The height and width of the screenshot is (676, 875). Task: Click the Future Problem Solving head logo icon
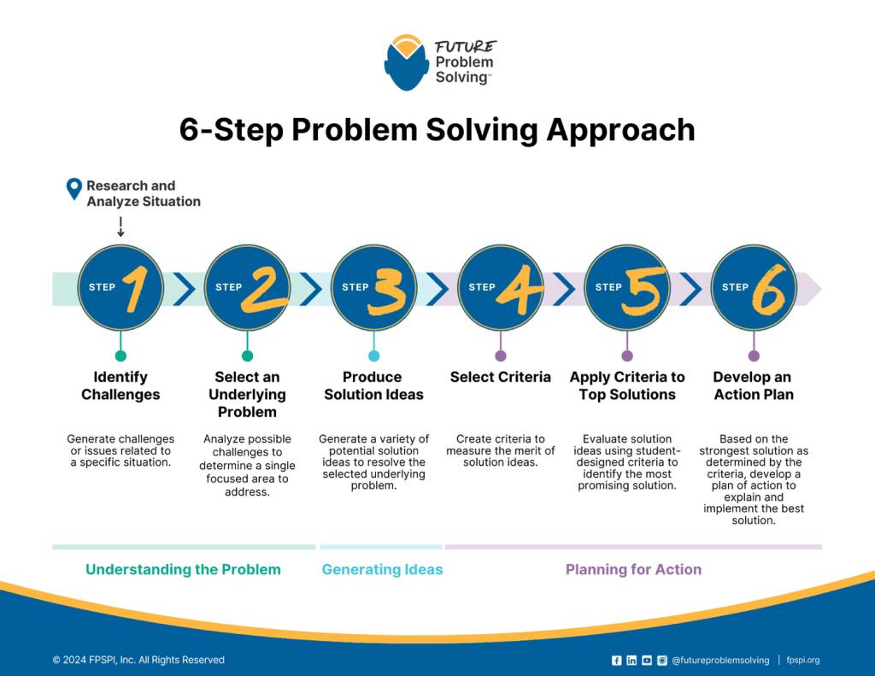(x=406, y=62)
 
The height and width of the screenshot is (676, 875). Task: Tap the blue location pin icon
(x=74, y=189)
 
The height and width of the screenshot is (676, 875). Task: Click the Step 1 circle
(x=120, y=287)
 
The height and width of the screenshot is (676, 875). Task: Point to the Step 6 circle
(x=754, y=287)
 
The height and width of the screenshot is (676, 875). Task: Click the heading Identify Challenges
(x=120, y=385)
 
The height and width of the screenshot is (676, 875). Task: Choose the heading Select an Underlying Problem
(x=247, y=394)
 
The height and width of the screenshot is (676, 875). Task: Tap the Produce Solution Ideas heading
(x=373, y=385)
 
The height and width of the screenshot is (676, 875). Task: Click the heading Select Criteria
(x=500, y=377)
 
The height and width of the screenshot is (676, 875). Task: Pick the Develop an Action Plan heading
(x=753, y=385)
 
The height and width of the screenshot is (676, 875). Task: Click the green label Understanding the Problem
(x=183, y=569)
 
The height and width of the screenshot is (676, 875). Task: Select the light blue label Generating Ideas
(x=382, y=569)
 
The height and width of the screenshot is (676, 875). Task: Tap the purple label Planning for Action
(x=633, y=569)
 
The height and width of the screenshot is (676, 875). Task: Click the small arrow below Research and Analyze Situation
(x=120, y=226)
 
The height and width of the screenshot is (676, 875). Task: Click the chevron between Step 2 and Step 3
(x=310, y=288)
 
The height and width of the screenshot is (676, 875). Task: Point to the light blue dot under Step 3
(x=373, y=356)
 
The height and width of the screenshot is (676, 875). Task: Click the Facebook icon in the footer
(x=617, y=660)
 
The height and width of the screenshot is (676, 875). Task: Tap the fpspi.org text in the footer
(x=802, y=660)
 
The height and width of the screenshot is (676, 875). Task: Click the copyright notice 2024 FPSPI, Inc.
(x=138, y=660)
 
